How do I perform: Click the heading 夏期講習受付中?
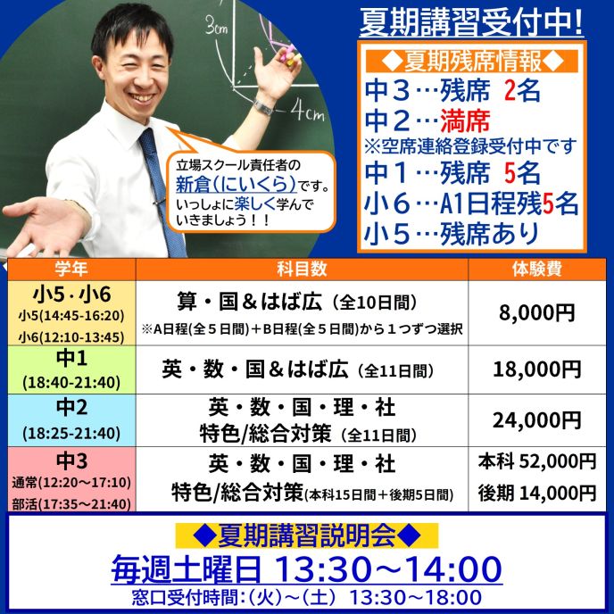pos(471,23)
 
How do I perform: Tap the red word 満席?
pos(465,120)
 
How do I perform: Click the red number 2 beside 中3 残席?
pos(510,90)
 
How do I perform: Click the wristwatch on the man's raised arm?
pos(263,106)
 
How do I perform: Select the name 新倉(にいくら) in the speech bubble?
pos(236,183)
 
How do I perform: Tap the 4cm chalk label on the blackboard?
pos(307,112)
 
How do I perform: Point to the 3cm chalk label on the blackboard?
pos(216,26)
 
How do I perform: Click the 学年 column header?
pos(71,269)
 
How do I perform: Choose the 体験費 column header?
pos(537,269)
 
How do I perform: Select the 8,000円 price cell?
pos(537,313)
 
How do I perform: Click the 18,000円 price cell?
pos(537,369)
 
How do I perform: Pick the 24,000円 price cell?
pos(537,420)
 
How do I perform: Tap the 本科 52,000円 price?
pos(537,461)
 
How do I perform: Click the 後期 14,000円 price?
pos(537,493)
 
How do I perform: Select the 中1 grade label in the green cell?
pos(71,358)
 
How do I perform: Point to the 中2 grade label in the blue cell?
pos(71,407)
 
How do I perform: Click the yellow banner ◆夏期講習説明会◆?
pos(307,535)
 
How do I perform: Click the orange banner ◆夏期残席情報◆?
pos(472,61)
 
